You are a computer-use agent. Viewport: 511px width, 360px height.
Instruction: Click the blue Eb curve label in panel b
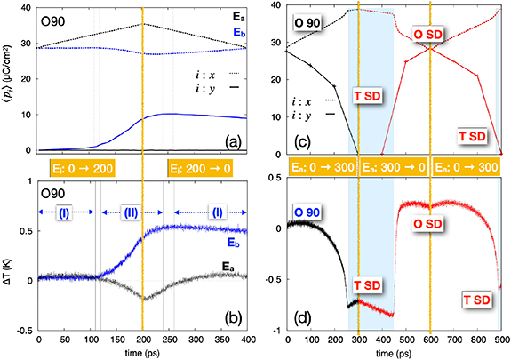pos(235,243)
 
